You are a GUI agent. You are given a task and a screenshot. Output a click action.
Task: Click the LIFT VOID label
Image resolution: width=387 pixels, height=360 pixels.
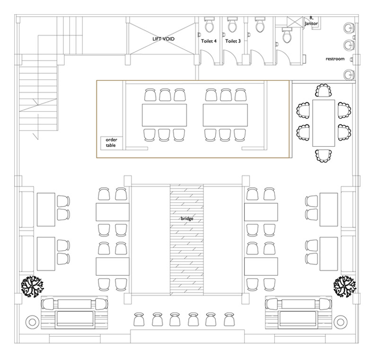tap(163, 39)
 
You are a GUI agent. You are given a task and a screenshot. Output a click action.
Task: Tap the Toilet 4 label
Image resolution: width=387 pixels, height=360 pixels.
tap(209, 41)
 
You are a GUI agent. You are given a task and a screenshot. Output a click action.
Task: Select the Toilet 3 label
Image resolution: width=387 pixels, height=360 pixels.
tap(233, 41)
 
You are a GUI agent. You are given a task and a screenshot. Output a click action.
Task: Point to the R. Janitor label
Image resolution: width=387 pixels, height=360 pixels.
tap(311, 21)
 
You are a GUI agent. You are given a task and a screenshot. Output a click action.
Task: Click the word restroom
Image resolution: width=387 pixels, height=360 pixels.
tap(335, 59)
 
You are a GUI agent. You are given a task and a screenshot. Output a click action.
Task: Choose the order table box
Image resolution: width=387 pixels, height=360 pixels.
tap(111, 142)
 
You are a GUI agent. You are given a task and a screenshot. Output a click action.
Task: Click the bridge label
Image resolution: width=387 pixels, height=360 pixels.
tap(187, 219)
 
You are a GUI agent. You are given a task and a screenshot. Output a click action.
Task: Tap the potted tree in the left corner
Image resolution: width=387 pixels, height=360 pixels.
tap(32, 286)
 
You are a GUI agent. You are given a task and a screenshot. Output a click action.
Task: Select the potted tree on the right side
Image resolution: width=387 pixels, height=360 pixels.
tap(345, 287)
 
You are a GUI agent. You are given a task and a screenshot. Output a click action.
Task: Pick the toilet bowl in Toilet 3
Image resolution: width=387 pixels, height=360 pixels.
tap(232, 25)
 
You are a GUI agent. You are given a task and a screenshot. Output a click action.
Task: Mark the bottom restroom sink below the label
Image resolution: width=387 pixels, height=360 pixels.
tap(349, 75)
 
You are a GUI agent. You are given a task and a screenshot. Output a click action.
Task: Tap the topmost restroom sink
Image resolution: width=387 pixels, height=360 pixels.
tap(349, 27)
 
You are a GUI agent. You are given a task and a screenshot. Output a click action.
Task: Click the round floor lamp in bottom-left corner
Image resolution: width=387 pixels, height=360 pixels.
tap(32, 322)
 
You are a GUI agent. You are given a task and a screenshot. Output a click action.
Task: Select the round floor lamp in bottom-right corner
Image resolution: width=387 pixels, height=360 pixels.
tap(340, 322)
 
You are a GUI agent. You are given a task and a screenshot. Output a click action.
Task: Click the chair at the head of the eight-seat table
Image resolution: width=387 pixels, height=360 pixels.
tap(323, 90)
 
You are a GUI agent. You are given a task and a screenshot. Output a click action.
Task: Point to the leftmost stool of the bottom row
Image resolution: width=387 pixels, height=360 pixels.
tap(139, 319)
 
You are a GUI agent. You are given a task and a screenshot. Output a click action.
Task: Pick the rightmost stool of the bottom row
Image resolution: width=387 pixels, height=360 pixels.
tap(229, 319)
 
